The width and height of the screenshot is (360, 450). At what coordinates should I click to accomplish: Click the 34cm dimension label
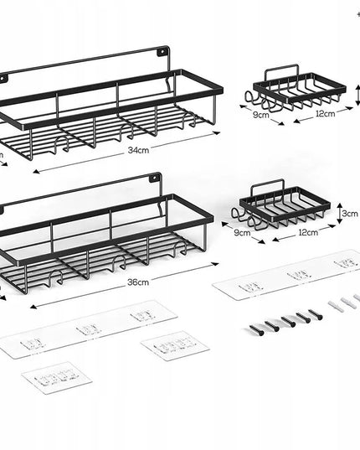coord(138,150)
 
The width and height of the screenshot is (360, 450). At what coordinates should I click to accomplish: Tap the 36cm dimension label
coord(138,282)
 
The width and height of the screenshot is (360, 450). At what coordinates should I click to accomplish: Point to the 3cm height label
coord(350,214)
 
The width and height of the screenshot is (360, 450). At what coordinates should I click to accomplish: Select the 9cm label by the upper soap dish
coord(261,115)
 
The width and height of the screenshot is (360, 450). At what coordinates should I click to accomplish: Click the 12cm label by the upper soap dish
coord(326,114)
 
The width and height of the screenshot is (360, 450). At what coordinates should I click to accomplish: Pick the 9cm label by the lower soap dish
coord(242,232)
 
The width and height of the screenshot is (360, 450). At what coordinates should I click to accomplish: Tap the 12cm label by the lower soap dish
coord(308,232)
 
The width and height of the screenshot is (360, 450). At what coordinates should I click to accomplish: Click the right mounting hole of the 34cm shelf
coord(162,52)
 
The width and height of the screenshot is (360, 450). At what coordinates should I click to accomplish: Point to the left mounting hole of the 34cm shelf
coord(3,78)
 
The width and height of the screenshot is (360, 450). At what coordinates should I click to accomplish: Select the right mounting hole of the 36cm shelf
coord(153,179)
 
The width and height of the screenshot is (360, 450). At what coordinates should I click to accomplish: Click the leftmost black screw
coord(256,330)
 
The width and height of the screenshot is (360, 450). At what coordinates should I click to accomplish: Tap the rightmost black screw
coord(316,314)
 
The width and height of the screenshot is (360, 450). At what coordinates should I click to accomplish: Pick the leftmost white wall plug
coord(334,305)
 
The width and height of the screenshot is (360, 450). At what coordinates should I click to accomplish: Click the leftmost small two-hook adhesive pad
coord(57,378)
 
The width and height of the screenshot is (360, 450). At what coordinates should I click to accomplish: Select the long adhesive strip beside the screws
coord(286,275)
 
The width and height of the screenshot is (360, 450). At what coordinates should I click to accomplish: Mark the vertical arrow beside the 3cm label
coord(339,213)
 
